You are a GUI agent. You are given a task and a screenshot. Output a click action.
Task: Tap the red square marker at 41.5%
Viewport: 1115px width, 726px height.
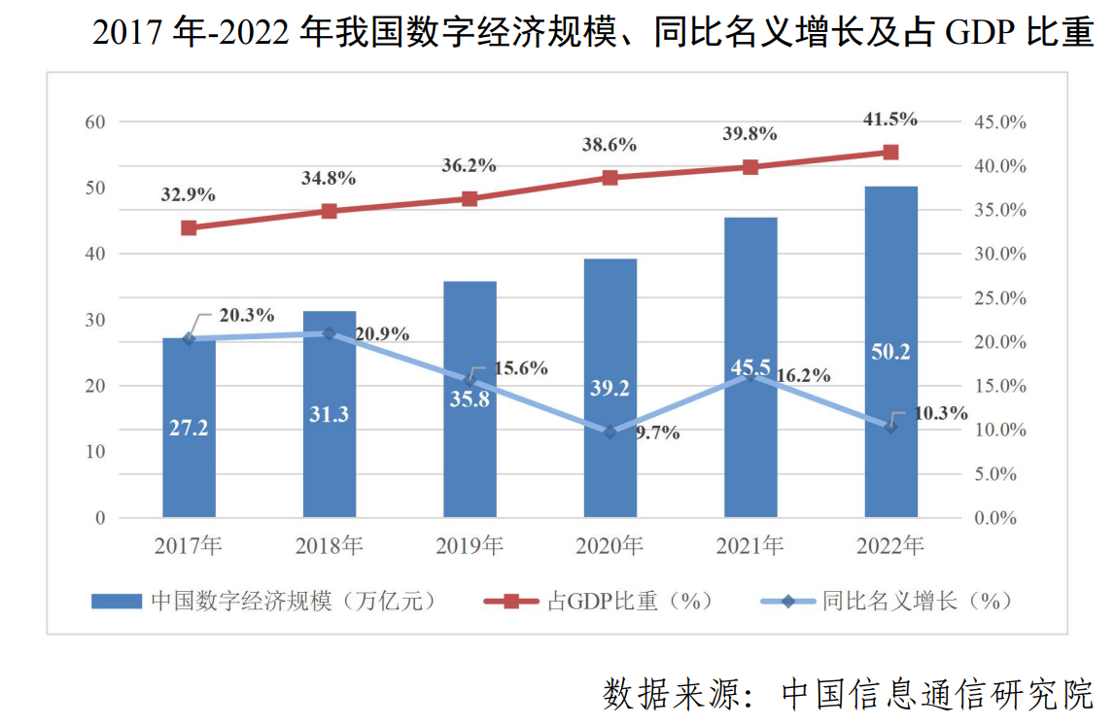pos(890,152)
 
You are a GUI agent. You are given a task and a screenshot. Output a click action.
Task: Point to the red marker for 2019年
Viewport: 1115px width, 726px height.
pos(470,198)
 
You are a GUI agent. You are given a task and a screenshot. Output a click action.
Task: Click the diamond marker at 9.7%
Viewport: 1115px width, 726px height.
pos(610,432)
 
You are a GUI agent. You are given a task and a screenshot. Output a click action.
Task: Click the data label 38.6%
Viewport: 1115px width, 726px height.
pos(610,145)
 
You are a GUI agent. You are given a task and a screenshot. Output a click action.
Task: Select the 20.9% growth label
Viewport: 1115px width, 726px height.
pos(382,334)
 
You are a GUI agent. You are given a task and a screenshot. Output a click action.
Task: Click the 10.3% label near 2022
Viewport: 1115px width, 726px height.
pos(940,413)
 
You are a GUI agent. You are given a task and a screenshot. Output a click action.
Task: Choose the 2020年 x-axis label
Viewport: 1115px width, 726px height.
pos(610,546)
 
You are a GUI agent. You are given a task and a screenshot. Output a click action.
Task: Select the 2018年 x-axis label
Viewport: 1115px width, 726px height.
pos(329,546)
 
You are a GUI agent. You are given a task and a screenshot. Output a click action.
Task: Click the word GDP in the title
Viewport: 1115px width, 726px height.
pos(975,34)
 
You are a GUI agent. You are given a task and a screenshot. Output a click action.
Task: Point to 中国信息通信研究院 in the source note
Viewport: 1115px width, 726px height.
pos(937,695)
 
